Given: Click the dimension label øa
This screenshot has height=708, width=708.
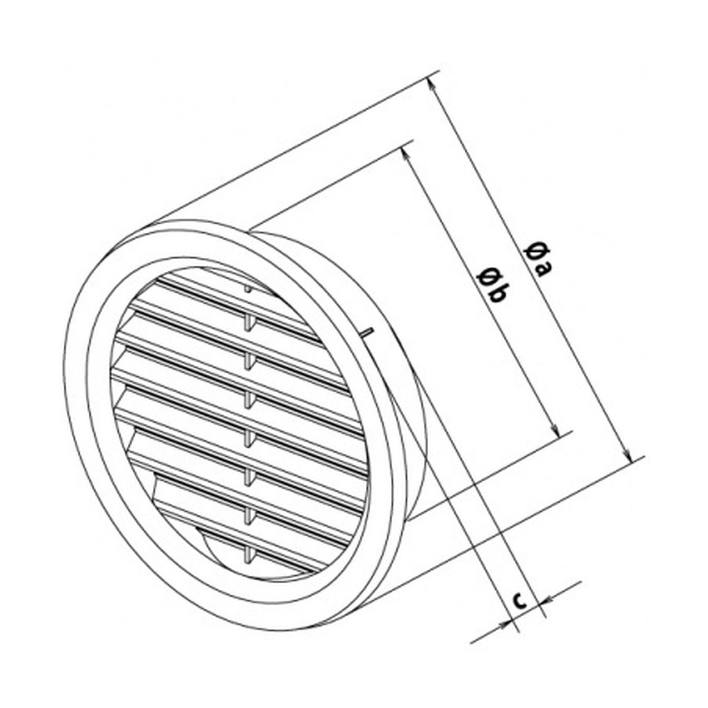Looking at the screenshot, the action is [x=537, y=260].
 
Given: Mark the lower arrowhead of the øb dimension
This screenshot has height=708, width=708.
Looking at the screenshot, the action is [x=556, y=430].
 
